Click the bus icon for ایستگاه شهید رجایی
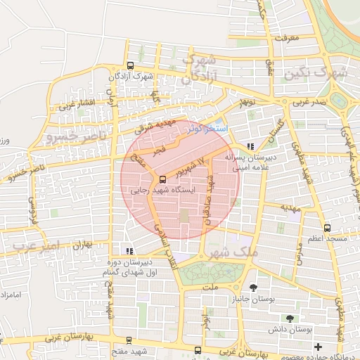tap(163, 179)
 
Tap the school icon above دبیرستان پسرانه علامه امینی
tap(251, 146)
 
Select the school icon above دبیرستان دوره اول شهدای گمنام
tap(128, 250)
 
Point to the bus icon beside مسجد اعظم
tap(328, 227)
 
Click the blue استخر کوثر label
tap(208, 129)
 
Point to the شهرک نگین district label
tap(322, 72)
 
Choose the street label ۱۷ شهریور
tap(191, 167)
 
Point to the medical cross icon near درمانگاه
tap(319, 347)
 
